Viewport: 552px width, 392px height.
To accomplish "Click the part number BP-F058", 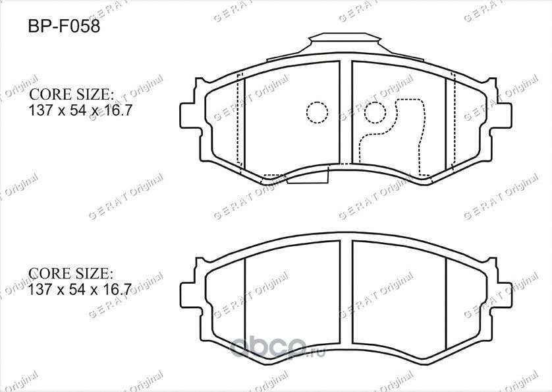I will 63,30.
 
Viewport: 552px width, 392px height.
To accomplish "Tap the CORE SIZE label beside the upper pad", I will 72,94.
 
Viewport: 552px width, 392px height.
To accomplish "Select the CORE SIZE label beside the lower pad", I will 72,273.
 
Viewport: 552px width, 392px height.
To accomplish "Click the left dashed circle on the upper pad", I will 317,112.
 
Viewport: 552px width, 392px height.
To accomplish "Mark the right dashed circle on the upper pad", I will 375,112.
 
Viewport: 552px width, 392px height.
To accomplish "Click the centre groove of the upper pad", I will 346,112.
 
